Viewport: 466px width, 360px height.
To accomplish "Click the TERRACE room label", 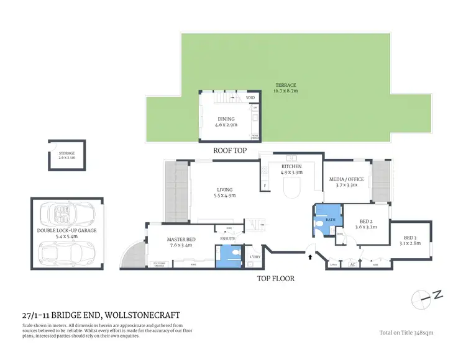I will (x=286, y=84).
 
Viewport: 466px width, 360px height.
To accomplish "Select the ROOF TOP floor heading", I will (x=230, y=151).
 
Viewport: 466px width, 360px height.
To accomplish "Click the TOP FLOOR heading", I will (x=276, y=279).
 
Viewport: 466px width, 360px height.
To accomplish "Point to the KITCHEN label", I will (x=291, y=166).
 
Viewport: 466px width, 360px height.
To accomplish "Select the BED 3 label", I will (x=409, y=238).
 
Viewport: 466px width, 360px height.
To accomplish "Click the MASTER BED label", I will (x=181, y=240).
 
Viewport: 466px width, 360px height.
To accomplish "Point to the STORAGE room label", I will (x=66, y=153).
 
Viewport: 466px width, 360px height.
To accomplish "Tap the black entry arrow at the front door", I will (x=310, y=254).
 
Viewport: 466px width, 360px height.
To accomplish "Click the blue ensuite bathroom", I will (x=230, y=256).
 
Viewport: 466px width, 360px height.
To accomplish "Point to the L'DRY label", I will (x=254, y=257).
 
